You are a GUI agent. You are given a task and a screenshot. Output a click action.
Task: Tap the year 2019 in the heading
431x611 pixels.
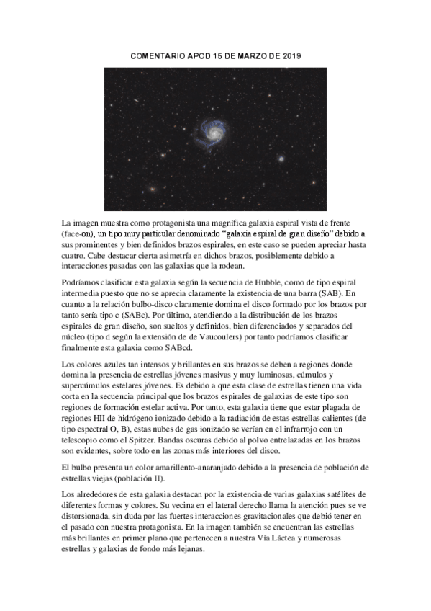tap(289, 55)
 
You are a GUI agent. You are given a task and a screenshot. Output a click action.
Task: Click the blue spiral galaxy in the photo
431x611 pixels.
tap(214, 130)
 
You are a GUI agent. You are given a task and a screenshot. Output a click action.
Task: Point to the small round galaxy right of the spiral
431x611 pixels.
tap(281, 159)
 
